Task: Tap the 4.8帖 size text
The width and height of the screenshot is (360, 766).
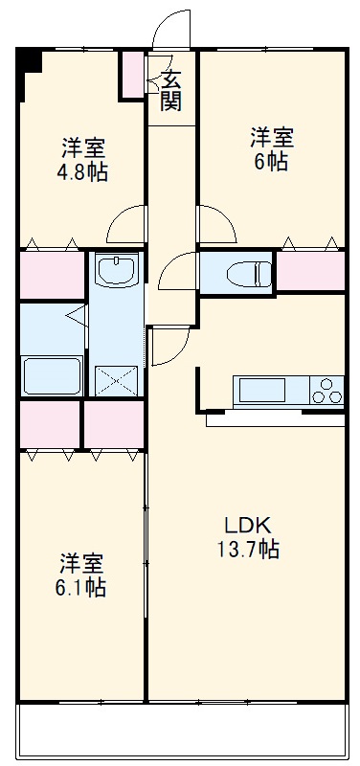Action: click(82, 173)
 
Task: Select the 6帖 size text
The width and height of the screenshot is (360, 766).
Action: click(272, 161)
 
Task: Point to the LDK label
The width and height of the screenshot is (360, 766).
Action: click(248, 525)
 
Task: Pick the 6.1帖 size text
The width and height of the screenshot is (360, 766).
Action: click(80, 587)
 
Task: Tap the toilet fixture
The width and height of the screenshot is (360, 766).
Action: click(245, 272)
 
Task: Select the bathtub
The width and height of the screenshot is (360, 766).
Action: click(50, 374)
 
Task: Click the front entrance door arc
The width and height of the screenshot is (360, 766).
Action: click(172, 27)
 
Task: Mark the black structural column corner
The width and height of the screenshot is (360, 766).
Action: click(30, 59)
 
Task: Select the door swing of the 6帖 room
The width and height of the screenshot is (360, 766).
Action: click(216, 226)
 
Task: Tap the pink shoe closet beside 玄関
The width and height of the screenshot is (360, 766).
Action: click(130, 75)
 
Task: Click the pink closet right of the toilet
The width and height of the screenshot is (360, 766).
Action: click(309, 270)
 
